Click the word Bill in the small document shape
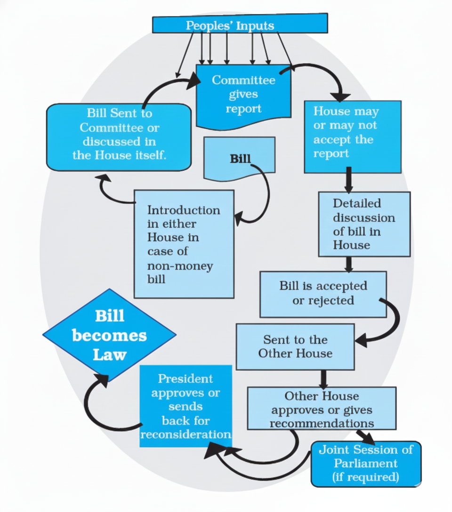coord(240,159)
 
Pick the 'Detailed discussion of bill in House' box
coord(364,224)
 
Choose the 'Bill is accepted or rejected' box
coord(323,294)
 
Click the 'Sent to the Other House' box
coord(295,346)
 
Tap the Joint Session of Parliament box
coord(366,464)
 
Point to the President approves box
coord(186,406)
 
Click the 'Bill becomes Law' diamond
coord(109,335)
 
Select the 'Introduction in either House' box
coord(184,244)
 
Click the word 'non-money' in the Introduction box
coord(180,266)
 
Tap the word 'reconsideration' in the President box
coord(186,434)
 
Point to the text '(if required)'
coord(366,477)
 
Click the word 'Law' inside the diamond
coord(109,354)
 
